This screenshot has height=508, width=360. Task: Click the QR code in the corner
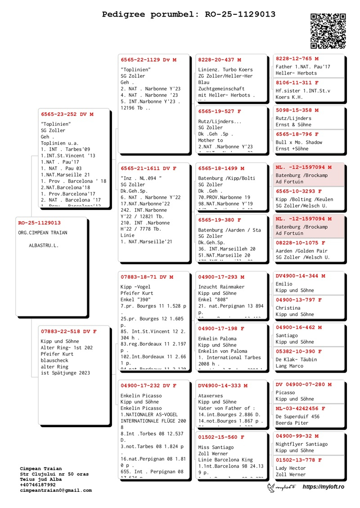click(x=328, y=31)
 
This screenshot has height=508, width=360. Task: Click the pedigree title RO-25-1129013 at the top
click(x=189, y=14)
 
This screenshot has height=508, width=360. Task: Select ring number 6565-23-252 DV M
click(x=67, y=114)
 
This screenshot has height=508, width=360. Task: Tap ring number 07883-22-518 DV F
click(x=68, y=331)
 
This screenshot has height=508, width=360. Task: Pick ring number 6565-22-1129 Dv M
click(x=148, y=60)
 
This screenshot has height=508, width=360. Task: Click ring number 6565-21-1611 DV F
click(x=148, y=168)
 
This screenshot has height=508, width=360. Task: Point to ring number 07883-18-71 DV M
click(x=147, y=277)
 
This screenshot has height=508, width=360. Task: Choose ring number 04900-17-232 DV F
click(x=148, y=386)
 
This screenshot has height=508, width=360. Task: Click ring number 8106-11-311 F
click(x=297, y=83)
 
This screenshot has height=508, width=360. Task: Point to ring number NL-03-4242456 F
click(x=300, y=409)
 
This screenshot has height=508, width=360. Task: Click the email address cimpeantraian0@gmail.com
click(x=56, y=490)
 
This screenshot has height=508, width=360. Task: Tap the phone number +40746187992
click(x=38, y=485)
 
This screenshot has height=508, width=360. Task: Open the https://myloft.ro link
click(x=323, y=487)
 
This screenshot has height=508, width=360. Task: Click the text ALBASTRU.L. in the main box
click(x=44, y=245)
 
